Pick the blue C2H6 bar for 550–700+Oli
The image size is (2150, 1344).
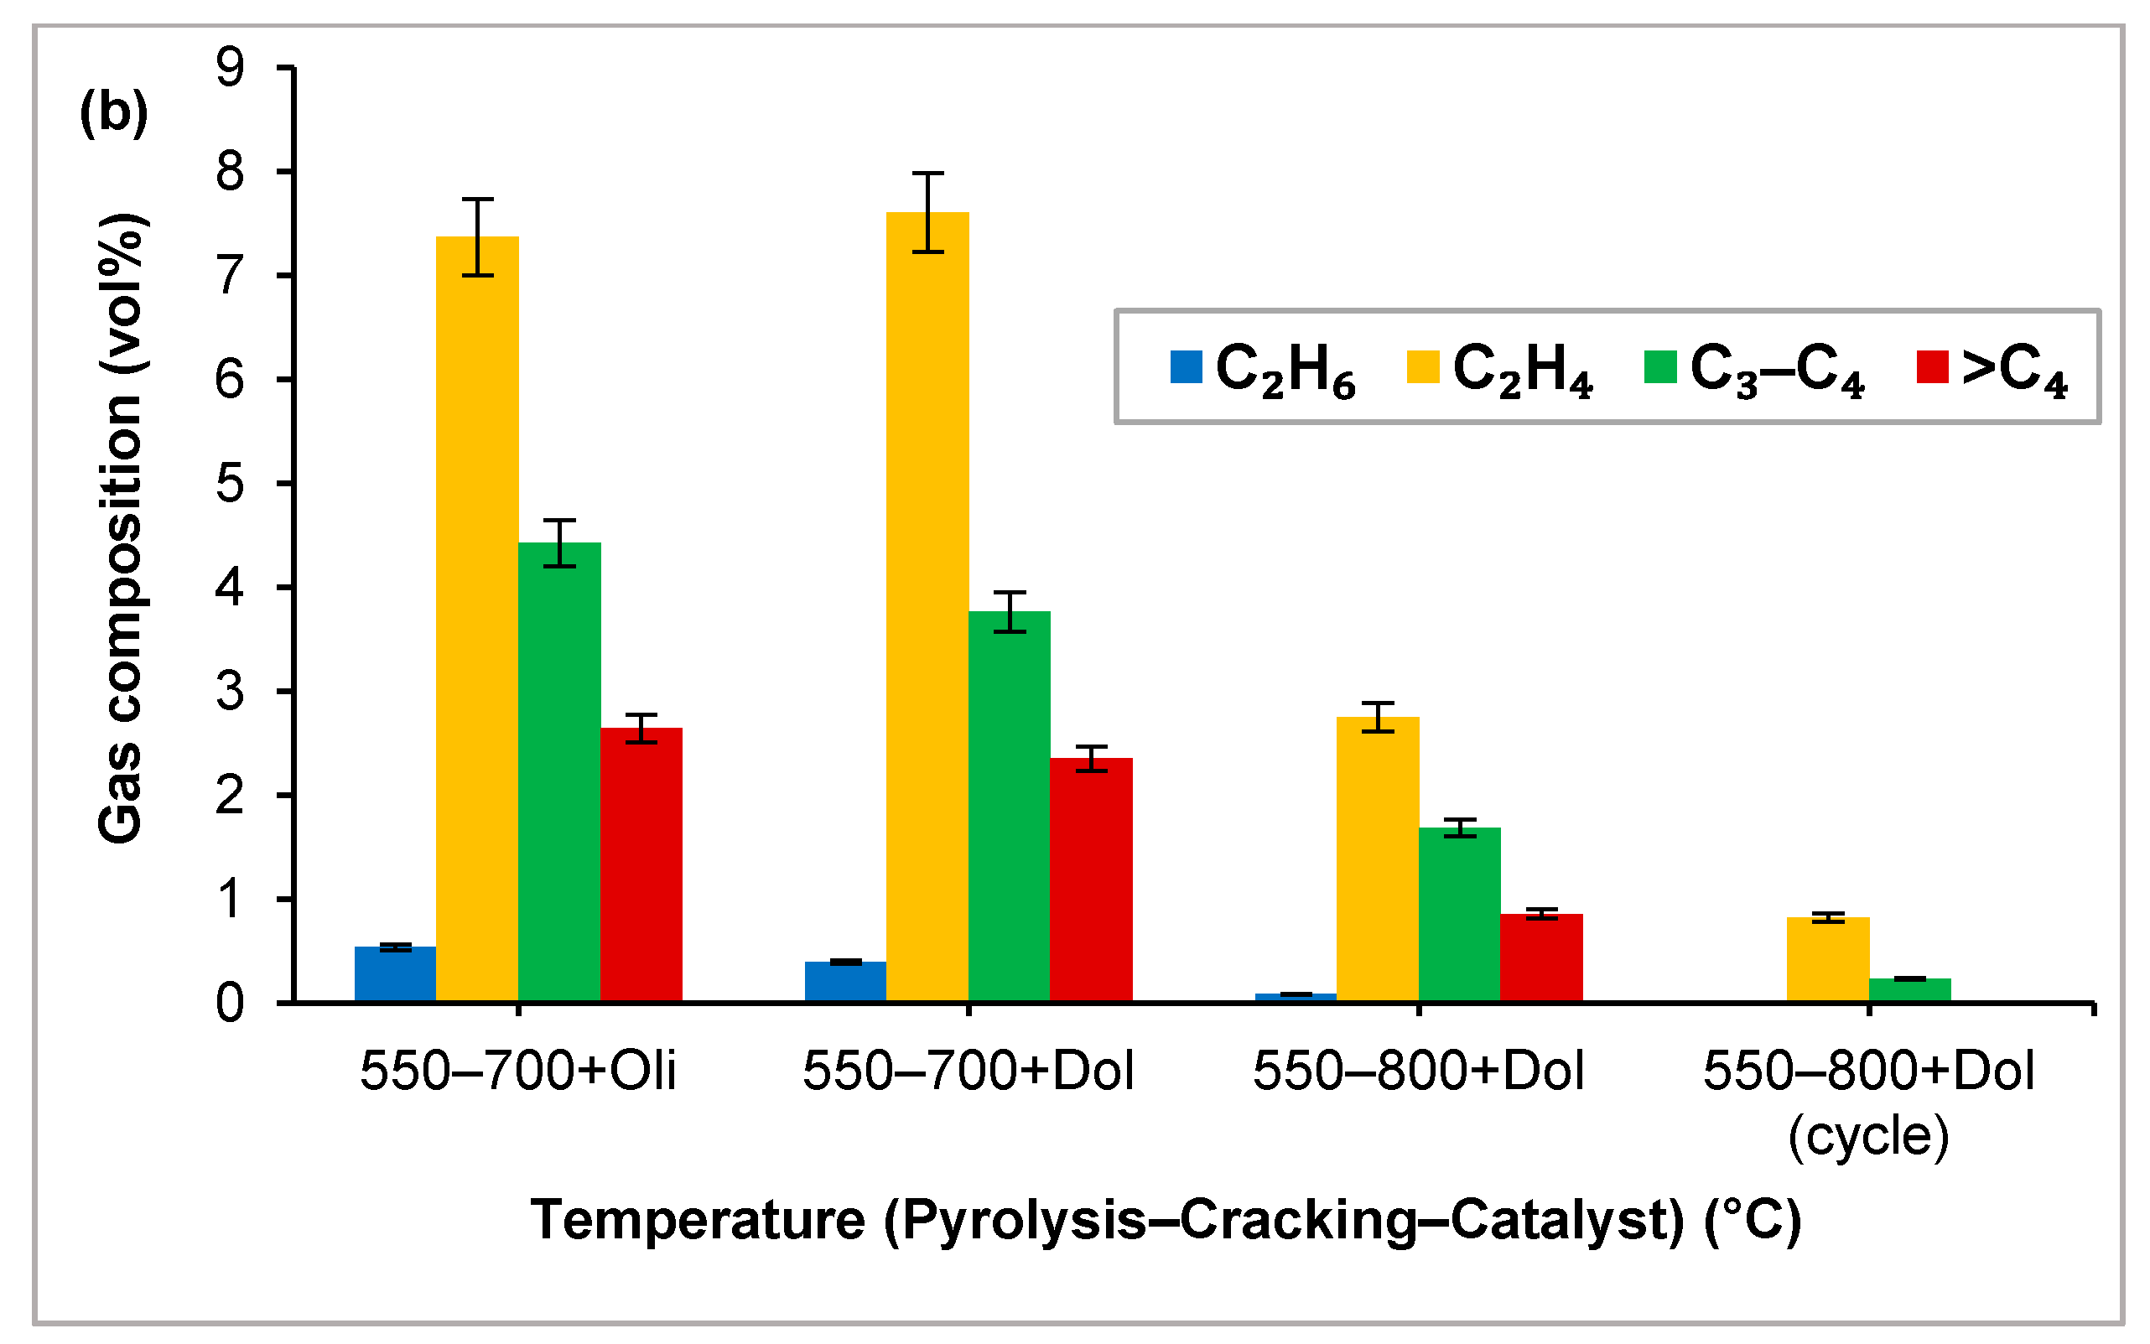(x=396, y=974)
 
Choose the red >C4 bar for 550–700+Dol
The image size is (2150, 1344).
(x=1091, y=880)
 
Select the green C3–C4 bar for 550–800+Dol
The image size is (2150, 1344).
(x=1459, y=915)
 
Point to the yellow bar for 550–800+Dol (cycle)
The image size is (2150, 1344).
(x=1827, y=960)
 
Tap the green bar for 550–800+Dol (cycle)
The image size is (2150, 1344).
(x=1909, y=990)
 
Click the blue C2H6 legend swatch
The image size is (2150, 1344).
(x=1186, y=367)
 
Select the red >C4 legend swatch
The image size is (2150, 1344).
(x=1932, y=367)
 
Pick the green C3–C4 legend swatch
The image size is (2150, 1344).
(x=1660, y=367)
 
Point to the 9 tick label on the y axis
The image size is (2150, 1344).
(x=229, y=68)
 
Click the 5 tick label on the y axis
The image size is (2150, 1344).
(x=229, y=484)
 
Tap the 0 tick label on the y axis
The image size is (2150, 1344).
(x=229, y=1004)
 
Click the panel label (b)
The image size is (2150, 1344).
(x=114, y=113)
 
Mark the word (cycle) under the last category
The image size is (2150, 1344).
(x=1868, y=1136)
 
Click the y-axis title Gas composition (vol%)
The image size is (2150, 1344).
(x=121, y=529)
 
